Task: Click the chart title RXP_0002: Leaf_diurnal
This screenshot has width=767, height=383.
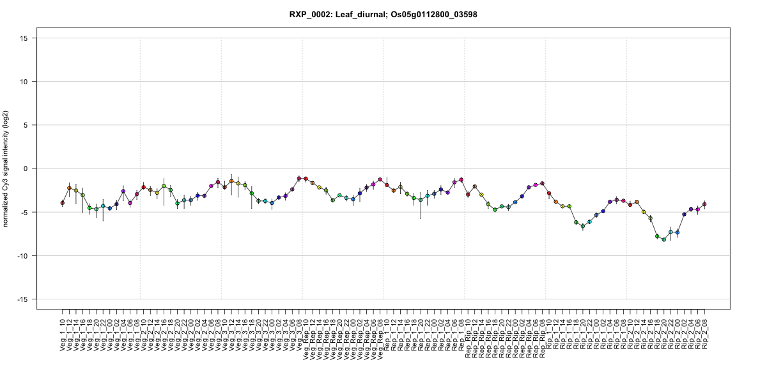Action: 383,14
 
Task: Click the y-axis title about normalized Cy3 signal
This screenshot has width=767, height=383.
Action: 6,169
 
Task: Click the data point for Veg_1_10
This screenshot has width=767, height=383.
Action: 63,202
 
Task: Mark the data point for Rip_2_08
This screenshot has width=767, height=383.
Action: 704,204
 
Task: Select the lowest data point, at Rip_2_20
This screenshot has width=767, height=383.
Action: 664,239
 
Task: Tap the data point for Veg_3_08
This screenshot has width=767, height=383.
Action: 299,179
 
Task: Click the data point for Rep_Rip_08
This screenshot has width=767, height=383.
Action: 542,183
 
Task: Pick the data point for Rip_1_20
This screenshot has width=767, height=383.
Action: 583,226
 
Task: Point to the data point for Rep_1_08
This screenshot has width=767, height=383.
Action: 461,180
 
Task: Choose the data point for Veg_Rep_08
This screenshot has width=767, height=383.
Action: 380,179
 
